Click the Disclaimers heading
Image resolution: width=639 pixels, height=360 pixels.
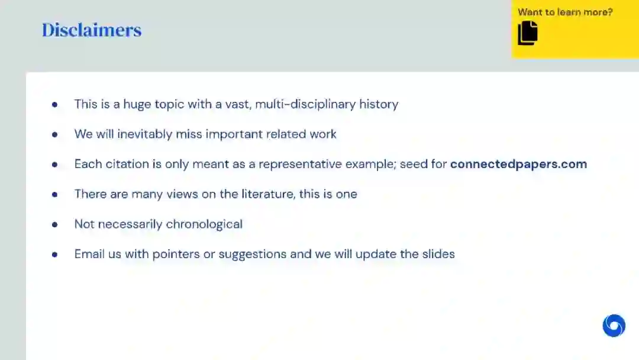point(92,30)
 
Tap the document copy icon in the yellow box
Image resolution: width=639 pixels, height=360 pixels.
point(528,33)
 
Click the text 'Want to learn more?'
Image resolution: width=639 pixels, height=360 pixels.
point(565,12)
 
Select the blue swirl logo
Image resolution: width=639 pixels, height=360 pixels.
point(614,325)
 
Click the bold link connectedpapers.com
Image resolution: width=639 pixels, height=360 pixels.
point(518,164)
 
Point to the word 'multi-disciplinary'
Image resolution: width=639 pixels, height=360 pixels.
point(305,104)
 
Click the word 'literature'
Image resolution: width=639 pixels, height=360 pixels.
point(268,194)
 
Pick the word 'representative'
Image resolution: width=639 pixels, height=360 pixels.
point(301,164)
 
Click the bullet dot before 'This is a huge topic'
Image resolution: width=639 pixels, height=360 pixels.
point(54,105)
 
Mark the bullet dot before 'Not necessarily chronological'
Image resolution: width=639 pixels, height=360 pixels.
point(54,224)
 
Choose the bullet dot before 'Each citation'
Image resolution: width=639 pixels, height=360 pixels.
point(54,165)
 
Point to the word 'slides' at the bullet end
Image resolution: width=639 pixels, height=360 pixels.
point(438,254)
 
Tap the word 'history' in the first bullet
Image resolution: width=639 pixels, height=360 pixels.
point(379,104)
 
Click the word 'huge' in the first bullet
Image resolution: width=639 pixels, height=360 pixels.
point(137,104)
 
